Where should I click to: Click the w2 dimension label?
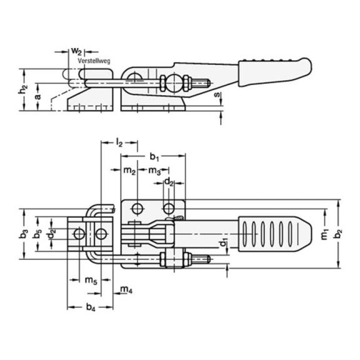pyautogui.click(x=76, y=51)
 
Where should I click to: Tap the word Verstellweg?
pyautogui.click(x=94, y=61)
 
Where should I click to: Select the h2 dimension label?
pyautogui.click(x=22, y=89)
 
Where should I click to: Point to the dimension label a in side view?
pyautogui.click(x=37, y=96)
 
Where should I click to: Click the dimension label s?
pyautogui.click(x=217, y=94)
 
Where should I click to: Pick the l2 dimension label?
pyautogui.click(x=119, y=143)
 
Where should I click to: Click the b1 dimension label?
pyautogui.click(x=154, y=157)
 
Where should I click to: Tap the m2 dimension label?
pyautogui.click(x=130, y=171)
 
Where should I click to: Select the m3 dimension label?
pyautogui.click(x=154, y=171)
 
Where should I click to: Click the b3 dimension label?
pyautogui.click(x=23, y=234)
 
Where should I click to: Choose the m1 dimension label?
pyautogui.click(x=324, y=234)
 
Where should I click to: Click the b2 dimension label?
pyautogui.click(x=338, y=234)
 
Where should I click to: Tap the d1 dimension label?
pyautogui.click(x=223, y=243)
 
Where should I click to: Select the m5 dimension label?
pyautogui.click(x=91, y=281)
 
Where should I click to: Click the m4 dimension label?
pyautogui.click(x=126, y=290)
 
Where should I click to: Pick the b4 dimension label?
pyautogui.click(x=91, y=307)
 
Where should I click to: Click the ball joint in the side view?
pyautogui.click(x=174, y=83)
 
